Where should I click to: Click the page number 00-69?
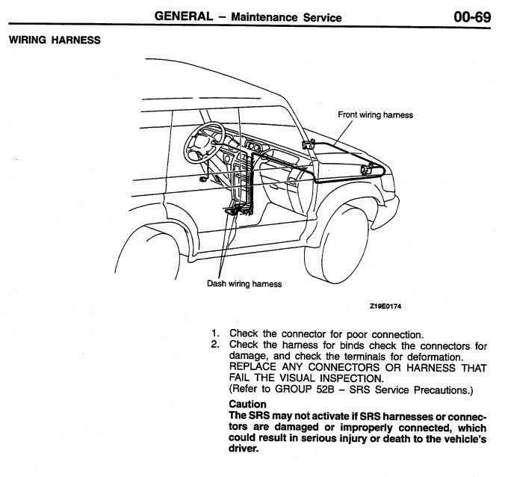(x=471, y=16)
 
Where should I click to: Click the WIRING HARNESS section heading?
(x=54, y=40)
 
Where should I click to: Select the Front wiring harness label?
(x=375, y=115)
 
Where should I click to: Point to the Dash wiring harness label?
(x=244, y=284)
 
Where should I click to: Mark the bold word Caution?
(x=247, y=404)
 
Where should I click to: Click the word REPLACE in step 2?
(x=254, y=368)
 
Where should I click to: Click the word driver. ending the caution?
(x=244, y=449)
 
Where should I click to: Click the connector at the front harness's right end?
(x=366, y=170)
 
